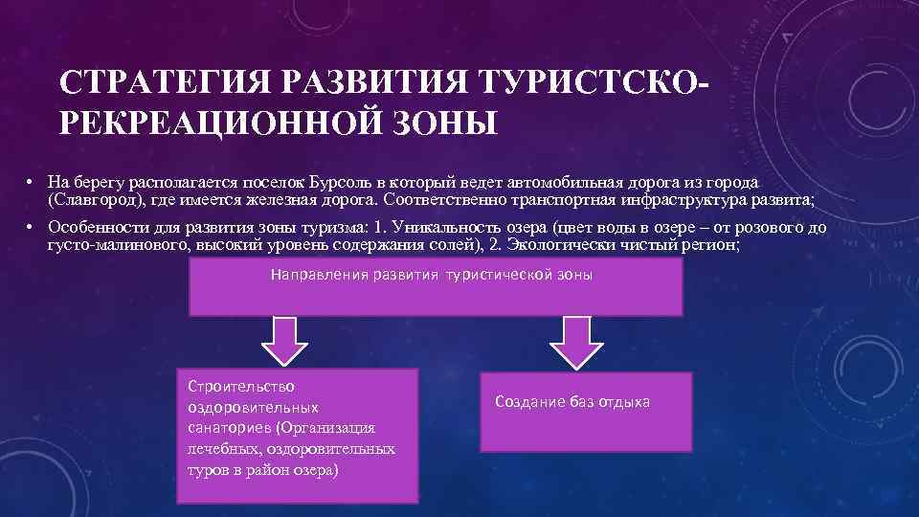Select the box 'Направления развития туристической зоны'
pyautogui.click(x=436, y=286)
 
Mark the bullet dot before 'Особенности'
pyautogui.click(x=32, y=229)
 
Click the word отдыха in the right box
pyautogui.click(x=624, y=402)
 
